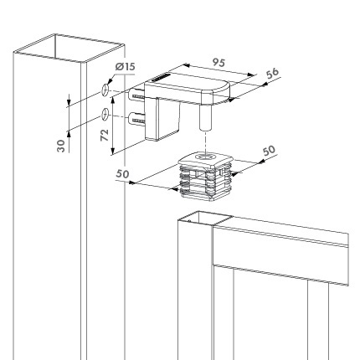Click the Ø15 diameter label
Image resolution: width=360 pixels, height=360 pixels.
click(x=125, y=67)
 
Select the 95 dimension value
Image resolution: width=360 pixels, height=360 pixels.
click(x=219, y=63)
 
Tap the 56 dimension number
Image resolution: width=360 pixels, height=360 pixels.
click(x=272, y=74)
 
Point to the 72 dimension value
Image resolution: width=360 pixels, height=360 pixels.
click(x=105, y=136)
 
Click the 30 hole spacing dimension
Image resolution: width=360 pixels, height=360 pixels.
click(x=61, y=146)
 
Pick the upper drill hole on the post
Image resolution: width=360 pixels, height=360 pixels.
click(x=105, y=90)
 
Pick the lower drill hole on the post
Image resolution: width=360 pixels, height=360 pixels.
click(x=105, y=114)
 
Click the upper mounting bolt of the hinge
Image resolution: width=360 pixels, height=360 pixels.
click(x=136, y=95)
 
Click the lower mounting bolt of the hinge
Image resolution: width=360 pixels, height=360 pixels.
click(x=136, y=120)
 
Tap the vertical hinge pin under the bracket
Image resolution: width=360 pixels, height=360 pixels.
click(x=205, y=117)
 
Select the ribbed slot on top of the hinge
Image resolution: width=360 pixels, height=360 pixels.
click(x=160, y=77)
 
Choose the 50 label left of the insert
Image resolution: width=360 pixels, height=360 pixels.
click(x=122, y=174)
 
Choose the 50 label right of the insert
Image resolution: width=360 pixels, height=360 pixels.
click(x=269, y=151)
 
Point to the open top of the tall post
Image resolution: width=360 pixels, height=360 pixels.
click(x=69, y=48)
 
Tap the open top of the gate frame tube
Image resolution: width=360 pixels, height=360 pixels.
click(x=205, y=218)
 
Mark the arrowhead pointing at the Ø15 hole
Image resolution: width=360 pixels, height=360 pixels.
click(x=110, y=80)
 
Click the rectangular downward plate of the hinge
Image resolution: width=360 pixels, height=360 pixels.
click(x=162, y=119)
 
